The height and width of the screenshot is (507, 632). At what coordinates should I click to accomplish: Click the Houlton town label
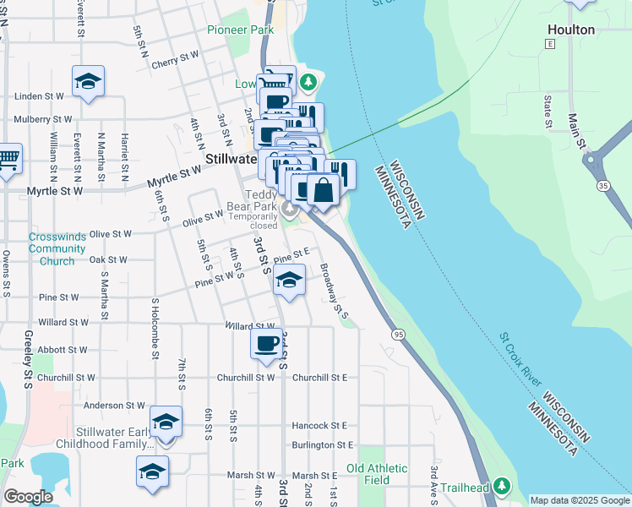571,30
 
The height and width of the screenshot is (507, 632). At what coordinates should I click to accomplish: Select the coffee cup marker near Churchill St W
267,344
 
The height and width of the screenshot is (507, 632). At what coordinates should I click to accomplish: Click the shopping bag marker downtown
323,190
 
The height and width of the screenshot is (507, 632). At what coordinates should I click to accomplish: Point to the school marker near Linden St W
88,82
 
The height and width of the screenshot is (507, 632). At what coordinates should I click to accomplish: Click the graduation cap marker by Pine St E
289,280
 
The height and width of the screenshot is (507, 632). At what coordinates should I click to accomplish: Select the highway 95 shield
398,335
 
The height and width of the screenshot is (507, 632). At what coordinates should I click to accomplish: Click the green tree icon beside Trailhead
503,486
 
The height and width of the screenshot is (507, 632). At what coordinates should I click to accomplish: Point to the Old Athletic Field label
377,474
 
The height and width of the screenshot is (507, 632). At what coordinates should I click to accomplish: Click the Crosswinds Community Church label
57,249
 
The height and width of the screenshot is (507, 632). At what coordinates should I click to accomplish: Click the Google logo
28,497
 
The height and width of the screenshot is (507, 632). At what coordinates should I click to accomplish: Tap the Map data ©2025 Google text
579,500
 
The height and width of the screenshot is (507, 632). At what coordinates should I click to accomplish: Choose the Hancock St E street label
319,426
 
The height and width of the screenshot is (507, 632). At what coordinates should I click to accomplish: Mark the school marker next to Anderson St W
166,422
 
